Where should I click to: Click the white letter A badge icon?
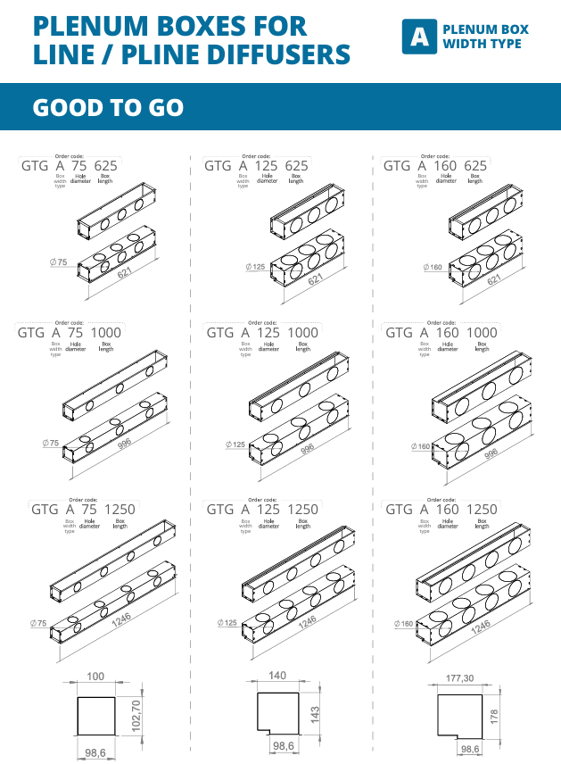coord(417,37)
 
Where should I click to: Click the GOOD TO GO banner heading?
coord(108,108)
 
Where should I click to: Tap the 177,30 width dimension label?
coord(459,679)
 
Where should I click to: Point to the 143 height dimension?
coord(315,714)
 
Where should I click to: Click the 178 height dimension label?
coord(495,716)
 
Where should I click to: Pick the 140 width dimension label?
coord(277,676)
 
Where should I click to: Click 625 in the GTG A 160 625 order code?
coord(475,166)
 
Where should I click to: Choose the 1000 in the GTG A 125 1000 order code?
coord(304,333)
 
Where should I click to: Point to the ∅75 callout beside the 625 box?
coord(60,262)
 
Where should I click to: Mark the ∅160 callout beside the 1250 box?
coord(406,624)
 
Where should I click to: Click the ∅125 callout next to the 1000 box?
coord(235,444)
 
